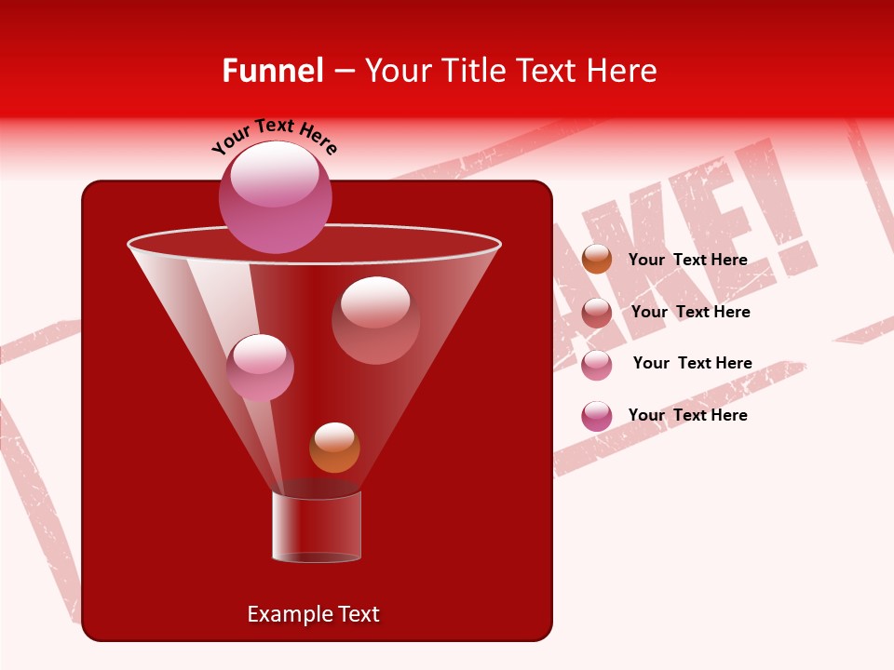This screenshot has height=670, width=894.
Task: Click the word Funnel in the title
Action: point(272,71)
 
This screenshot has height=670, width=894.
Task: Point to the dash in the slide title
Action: point(343,72)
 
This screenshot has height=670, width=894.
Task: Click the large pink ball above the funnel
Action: point(276,197)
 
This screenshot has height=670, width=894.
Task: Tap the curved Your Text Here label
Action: point(275,136)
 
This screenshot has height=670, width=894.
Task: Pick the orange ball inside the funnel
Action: point(334,448)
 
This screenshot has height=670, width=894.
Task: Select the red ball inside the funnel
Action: point(375,320)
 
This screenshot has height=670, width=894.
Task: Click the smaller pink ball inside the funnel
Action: point(260,368)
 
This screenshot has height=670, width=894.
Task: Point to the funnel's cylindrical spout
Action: point(317,527)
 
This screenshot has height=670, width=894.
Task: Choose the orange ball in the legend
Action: point(597,260)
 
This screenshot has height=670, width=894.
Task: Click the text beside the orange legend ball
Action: point(687,260)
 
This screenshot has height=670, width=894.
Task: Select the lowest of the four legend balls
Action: point(597,416)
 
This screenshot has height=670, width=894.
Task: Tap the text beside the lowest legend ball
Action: point(687,415)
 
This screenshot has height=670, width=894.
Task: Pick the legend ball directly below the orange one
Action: point(597,313)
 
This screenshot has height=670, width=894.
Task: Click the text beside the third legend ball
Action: point(692,363)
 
